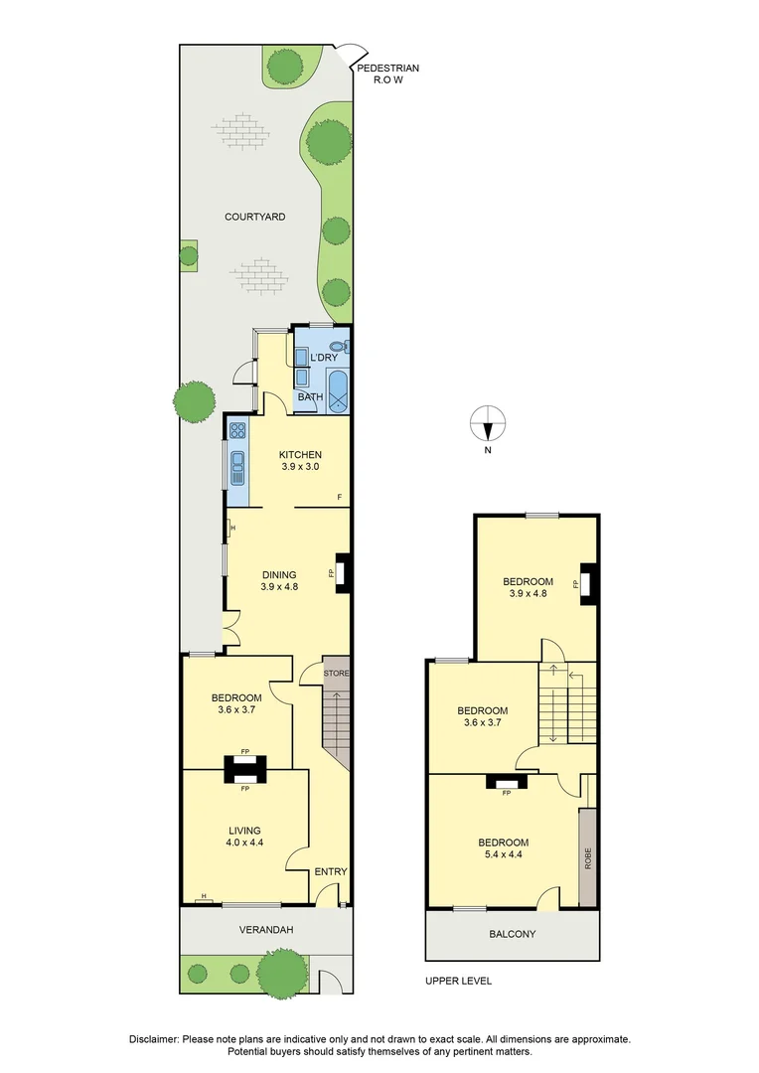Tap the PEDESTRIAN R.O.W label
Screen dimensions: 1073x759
(387, 75)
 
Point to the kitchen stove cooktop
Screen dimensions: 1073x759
(238, 430)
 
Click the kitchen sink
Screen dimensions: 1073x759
(238, 466)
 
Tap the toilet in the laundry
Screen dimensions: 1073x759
(339, 348)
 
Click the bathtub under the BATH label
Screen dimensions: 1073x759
(338, 392)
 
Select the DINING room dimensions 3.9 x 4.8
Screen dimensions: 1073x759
(279, 587)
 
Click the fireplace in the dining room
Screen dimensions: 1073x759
(342, 574)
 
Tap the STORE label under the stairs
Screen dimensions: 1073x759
(336, 674)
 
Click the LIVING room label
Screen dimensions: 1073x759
(244, 831)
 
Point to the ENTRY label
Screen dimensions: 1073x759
(331, 872)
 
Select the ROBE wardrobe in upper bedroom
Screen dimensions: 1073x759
(587, 856)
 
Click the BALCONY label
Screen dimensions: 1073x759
(512, 934)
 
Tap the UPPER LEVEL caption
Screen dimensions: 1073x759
(458, 981)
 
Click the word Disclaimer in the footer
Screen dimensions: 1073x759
(155, 1039)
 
